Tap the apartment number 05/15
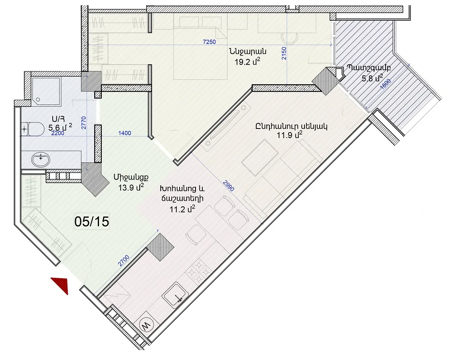(x=92, y=222)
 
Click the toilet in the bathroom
(x=32, y=129)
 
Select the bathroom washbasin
(x=40, y=160)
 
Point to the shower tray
(x=46, y=91)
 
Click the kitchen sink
(x=175, y=295)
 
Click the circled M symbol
(x=146, y=325)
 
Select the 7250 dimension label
(x=209, y=42)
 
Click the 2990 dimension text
(x=229, y=186)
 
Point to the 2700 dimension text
(x=124, y=261)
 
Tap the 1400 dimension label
(x=125, y=133)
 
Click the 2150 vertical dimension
(x=283, y=53)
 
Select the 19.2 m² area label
(x=247, y=61)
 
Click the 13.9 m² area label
(x=131, y=188)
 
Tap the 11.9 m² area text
(x=289, y=135)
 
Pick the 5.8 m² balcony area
(x=372, y=78)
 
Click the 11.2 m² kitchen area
(x=182, y=209)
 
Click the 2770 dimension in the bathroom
(x=84, y=123)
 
